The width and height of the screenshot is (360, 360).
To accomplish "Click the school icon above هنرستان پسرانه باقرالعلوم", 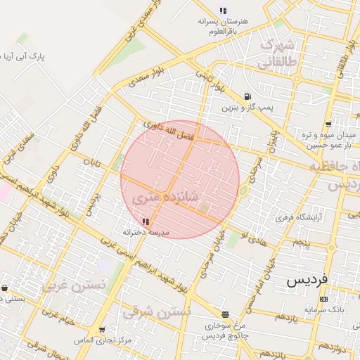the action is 223,11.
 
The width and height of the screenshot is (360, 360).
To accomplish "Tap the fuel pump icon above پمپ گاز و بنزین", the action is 246,97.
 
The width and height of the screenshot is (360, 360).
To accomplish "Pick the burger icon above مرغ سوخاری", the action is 225,315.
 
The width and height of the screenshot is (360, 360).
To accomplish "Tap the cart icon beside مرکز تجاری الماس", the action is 102,329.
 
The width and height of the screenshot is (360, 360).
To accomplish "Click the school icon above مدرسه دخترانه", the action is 146,221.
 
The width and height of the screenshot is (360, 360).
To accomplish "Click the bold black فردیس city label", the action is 307,280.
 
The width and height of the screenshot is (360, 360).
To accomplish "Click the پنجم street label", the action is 301,243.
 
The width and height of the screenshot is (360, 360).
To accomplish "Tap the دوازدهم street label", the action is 333,347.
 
